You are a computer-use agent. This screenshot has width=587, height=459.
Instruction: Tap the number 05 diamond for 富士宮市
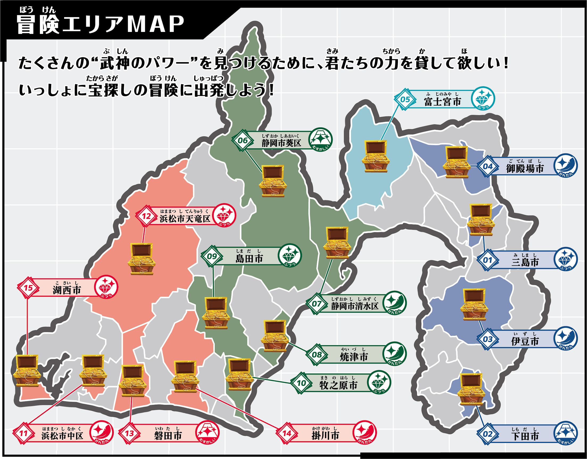[405, 99]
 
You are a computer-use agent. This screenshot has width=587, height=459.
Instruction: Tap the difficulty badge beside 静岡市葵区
[321, 139]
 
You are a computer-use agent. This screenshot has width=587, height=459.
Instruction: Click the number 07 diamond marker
[316, 304]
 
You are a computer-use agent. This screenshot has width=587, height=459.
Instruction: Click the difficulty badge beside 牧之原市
[379, 382]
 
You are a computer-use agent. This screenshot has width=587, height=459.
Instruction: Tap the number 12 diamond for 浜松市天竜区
[146, 216]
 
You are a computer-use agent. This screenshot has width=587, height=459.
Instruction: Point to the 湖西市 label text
[67, 290]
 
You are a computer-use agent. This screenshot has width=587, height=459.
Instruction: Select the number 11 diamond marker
[23, 433]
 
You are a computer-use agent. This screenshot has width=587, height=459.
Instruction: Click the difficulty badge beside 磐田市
[207, 432]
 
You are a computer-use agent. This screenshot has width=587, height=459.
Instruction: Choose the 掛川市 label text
[325, 435]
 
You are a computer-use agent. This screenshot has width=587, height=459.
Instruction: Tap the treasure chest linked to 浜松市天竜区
[142, 259]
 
